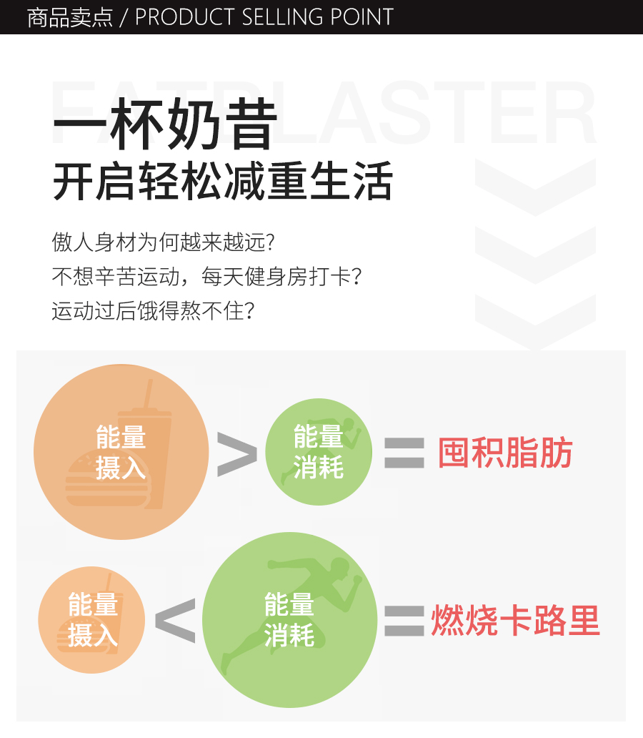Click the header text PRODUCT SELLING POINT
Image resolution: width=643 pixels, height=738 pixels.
264,17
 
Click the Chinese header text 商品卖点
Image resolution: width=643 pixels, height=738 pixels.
69,17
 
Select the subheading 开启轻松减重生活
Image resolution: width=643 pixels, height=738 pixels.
222,182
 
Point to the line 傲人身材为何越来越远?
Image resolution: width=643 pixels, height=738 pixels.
164,242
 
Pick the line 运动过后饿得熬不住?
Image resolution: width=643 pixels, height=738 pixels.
154,311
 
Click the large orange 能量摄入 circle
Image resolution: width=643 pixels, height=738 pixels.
121,452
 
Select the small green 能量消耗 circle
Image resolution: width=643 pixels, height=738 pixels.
319,452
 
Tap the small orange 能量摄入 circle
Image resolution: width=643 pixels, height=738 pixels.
91,620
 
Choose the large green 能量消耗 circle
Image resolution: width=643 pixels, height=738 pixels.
289,620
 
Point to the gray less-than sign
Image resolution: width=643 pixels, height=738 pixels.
175,620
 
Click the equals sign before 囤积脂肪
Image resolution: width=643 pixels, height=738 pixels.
404,453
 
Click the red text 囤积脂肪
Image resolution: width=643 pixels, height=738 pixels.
505,453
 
